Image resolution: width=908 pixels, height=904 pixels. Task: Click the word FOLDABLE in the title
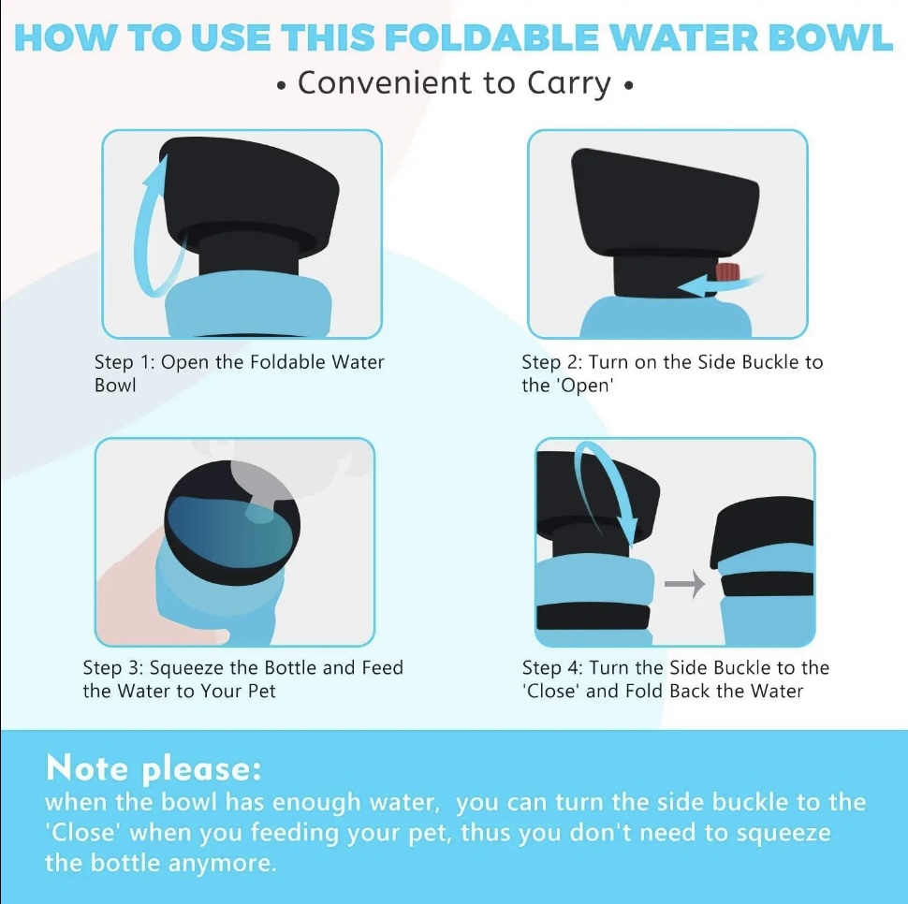[491, 37]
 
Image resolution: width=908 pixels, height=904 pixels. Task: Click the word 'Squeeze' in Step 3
[187, 669]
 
